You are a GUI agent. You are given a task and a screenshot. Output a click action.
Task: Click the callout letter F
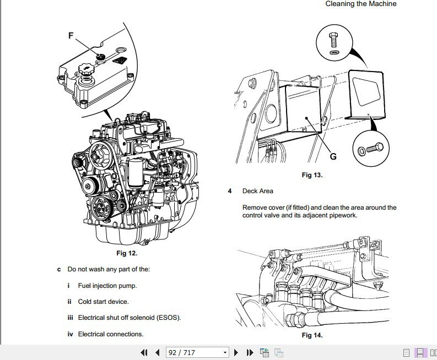(71, 35)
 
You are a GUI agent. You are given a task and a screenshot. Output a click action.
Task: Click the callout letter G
(333, 156)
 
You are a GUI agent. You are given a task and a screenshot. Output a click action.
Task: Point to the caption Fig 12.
(127, 253)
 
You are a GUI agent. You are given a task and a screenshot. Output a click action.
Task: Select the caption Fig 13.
(312, 175)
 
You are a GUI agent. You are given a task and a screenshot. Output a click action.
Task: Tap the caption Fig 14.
(312, 335)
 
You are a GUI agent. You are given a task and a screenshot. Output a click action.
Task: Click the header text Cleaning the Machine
(360, 4)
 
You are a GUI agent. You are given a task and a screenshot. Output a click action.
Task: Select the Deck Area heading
(257, 191)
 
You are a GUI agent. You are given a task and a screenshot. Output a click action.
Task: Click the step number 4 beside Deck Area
(230, 191)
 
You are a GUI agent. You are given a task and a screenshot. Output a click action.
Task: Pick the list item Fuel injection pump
(107, 286)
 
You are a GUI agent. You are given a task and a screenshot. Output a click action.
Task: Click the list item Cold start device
(103, 302)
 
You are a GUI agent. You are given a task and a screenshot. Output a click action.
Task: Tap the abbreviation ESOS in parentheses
(169, 318)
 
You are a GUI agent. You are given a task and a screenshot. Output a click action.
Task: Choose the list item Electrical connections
(110, 334)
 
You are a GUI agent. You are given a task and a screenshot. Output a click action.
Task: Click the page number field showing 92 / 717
(193, 352)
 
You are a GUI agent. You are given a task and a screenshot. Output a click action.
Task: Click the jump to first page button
(144, 352)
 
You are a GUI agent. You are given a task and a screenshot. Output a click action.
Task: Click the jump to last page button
(250, 352)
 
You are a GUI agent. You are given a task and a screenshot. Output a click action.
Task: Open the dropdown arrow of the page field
(224, 352)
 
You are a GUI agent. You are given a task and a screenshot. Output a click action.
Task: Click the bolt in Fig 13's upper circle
(334, 39)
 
